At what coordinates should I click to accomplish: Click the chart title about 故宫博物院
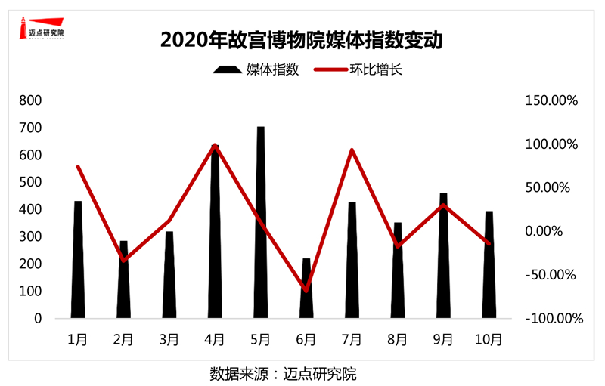click(302, 39)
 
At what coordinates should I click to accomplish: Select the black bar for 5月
click(261, 227)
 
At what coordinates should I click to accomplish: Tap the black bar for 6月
click(306, 295)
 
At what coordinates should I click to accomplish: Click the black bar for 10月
click(489, 264)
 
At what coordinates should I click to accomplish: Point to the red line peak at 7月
click(352, 150)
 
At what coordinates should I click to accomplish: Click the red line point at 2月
click(123, 261)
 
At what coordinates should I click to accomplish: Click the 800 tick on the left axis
click(31, 100)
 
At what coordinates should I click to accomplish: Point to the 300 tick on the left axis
click(31, 236)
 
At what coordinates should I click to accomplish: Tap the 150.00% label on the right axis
click(551, 100)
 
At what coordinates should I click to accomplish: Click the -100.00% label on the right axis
click(554, 318)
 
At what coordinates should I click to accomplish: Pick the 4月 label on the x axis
click(215, 339)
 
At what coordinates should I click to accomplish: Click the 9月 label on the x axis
click(443, 339)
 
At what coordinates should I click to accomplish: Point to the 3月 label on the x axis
click(169, 339)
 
